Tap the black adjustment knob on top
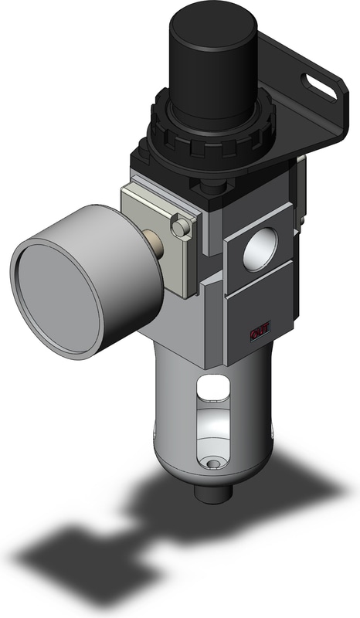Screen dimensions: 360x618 (213, 64)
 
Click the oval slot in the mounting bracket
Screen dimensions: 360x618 (318, 87)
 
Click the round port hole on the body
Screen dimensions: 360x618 (260, 249)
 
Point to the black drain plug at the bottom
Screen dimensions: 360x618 (213, 493)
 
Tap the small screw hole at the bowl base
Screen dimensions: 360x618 (214, 463)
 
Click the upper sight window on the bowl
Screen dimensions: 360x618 (214, 388)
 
